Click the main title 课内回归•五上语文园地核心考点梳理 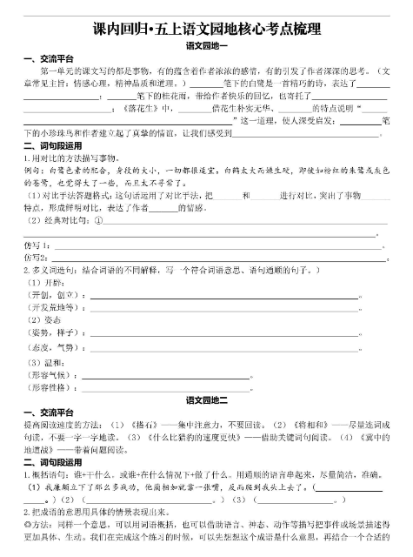[x=206, y=30]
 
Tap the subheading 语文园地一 [x=206, y=45]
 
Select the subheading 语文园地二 [x=206, y=399]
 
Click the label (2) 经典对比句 [x=58, y=219]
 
